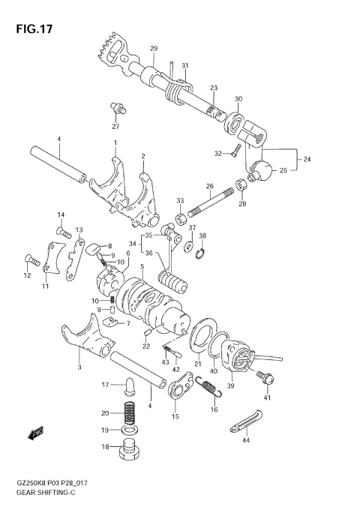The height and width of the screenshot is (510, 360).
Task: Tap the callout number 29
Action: pos(153,49)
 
